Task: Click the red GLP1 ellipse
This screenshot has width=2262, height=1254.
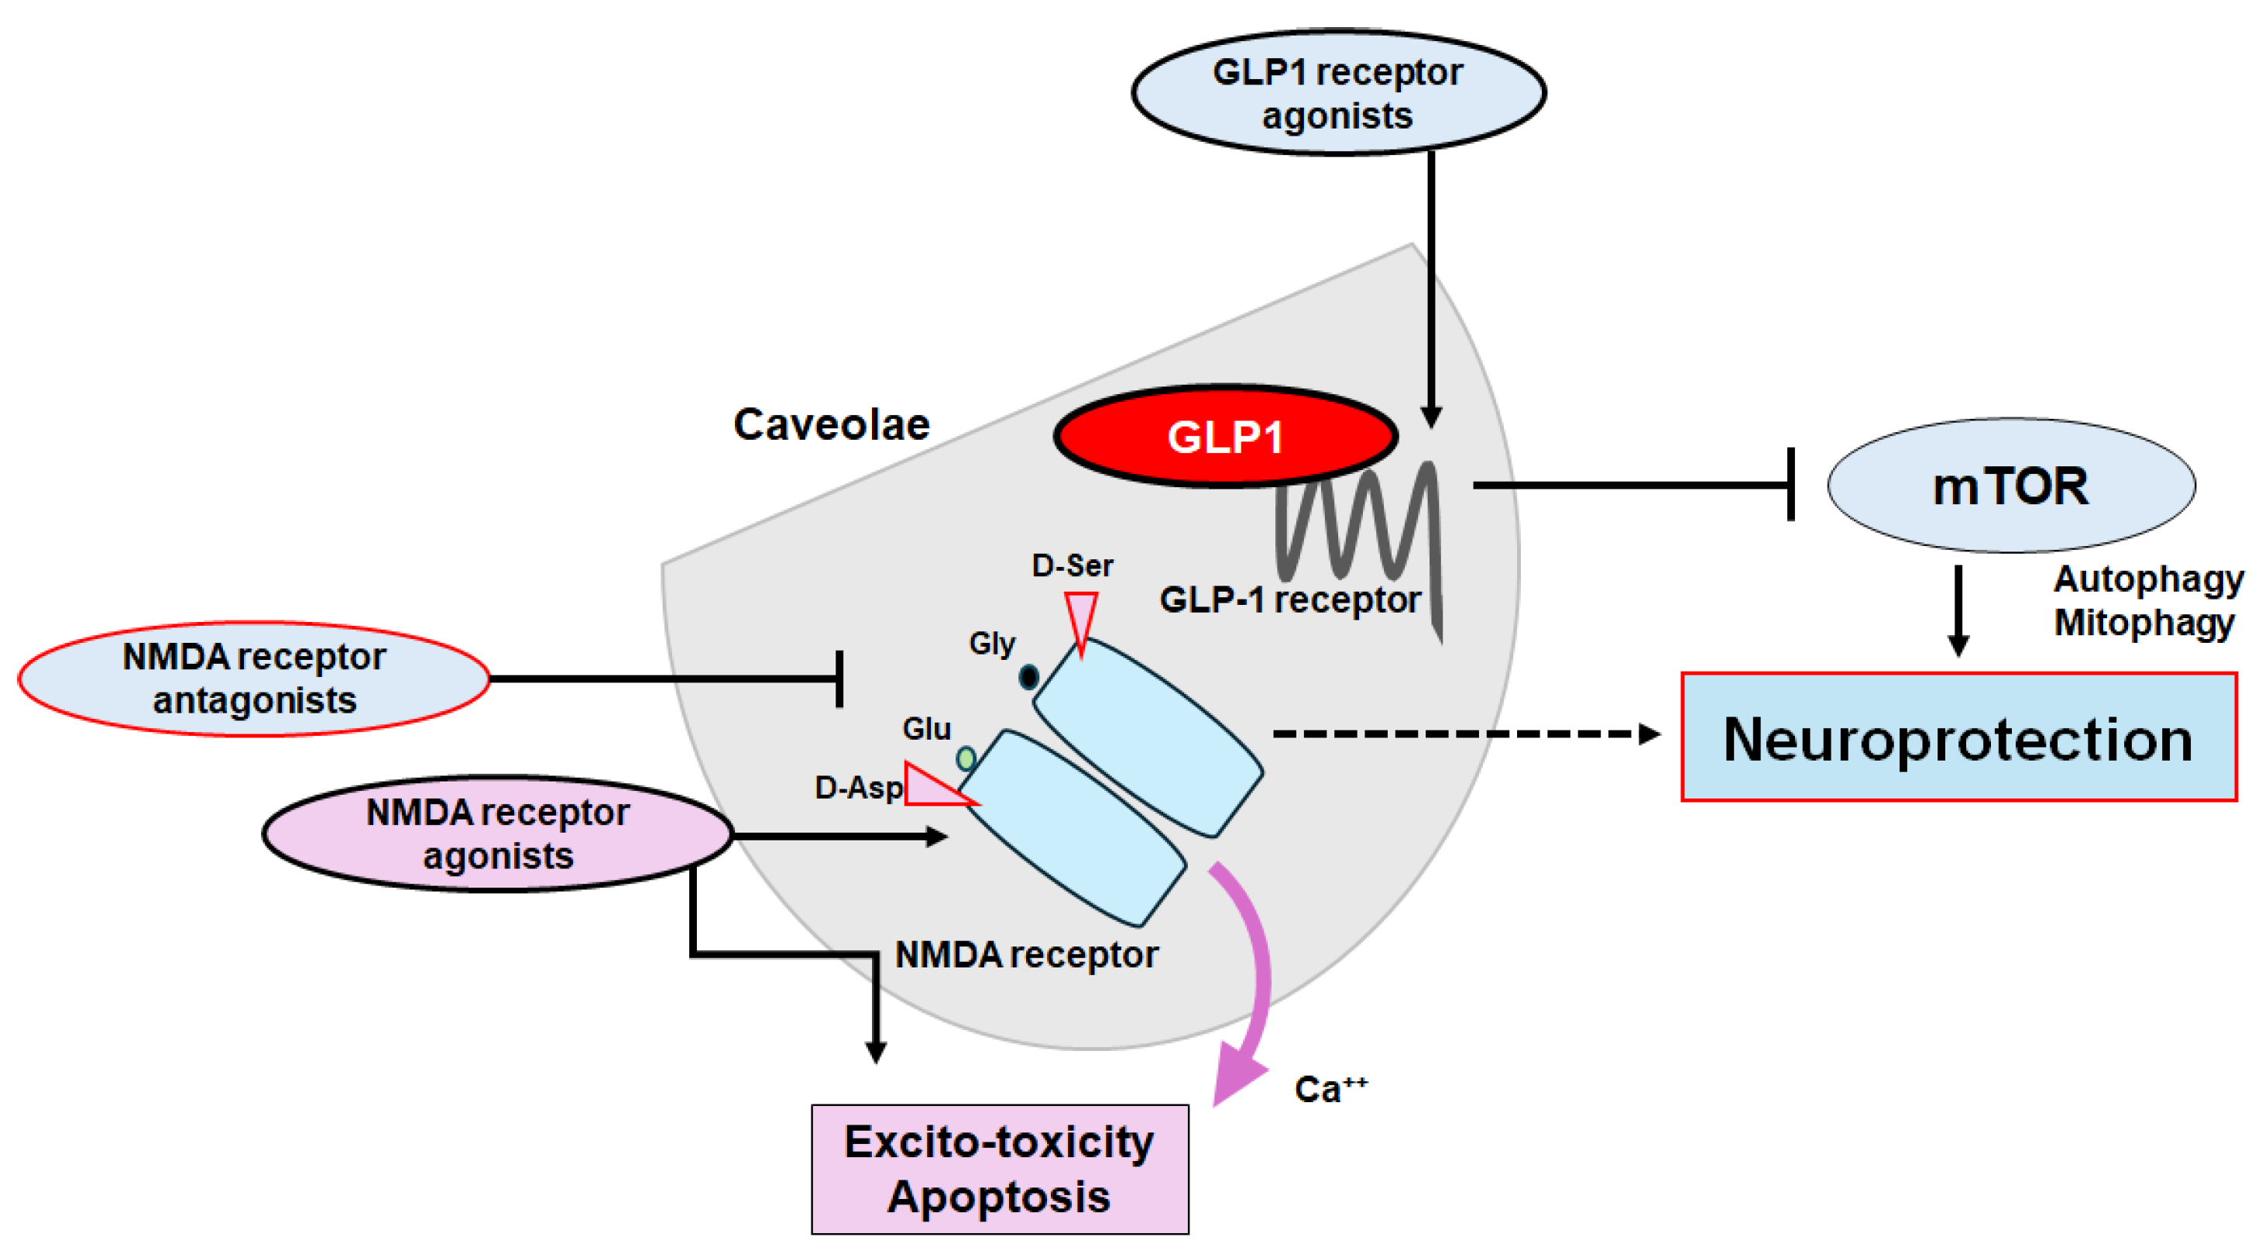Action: pos(1225,436)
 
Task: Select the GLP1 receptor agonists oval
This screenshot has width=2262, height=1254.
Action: pos(1337,93)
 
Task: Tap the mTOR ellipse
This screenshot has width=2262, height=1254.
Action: pos(2011,486)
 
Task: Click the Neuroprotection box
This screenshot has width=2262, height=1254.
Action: pos(1958,737)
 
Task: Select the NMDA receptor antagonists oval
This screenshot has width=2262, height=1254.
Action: pos(253,679)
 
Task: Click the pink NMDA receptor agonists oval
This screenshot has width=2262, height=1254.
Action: pos(497,833)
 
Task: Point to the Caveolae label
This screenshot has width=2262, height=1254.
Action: pos(831,425)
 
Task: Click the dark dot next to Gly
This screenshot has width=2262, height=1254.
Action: pos(1028,677)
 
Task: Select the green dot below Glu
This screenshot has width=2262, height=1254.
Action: pos(966,758)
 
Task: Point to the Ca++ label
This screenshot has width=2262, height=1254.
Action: pos(1330,1089)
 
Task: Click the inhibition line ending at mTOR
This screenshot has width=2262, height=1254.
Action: pos(1633,485)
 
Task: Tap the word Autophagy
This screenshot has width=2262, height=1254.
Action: pos(2148,579)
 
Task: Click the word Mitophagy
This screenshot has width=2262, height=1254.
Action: pos(2144,624)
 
